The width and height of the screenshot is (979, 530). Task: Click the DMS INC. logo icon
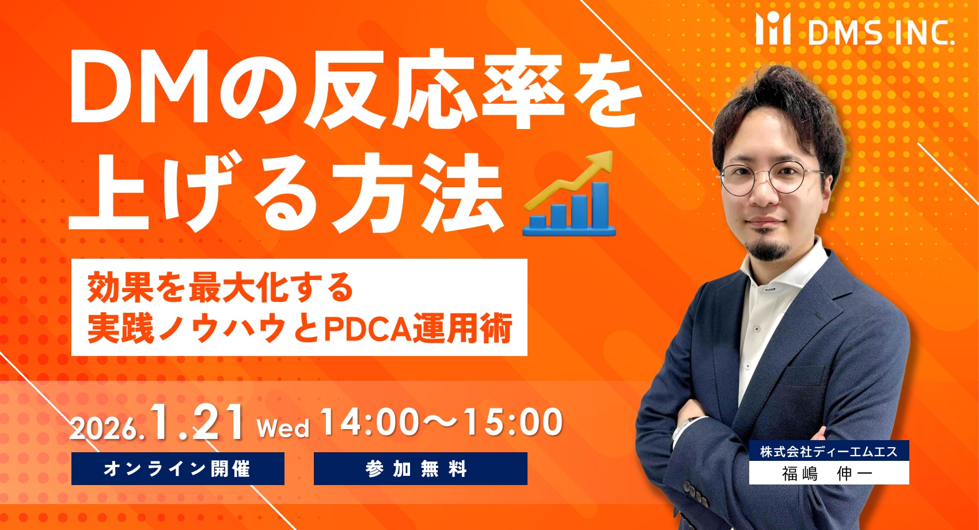point(773,29)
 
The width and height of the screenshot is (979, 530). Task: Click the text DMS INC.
point(881,32)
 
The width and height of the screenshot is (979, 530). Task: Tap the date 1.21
point(198,422)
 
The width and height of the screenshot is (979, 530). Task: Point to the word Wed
point(283,427)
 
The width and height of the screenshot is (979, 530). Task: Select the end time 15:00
point(513,422)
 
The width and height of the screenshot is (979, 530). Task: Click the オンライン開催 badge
point(178,469)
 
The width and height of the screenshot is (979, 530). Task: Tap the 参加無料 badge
point(420,469)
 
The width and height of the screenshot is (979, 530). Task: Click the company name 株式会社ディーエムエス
point(829,452)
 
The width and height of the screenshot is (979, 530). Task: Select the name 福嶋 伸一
point(828,473)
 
